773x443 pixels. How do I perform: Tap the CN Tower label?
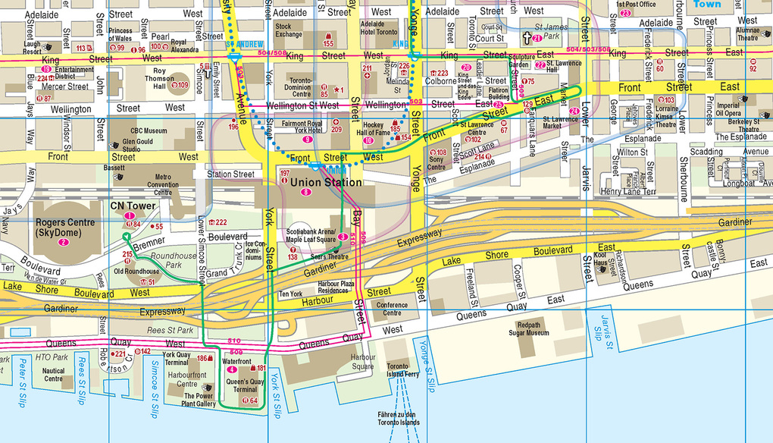[127, 205]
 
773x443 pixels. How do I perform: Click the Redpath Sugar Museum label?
[527, 329]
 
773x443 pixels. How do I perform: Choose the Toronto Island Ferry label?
[402, 369]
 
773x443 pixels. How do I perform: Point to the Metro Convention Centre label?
[163, 184]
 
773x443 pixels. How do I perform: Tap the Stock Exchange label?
[288, 30]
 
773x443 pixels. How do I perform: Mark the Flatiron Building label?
[499, 94]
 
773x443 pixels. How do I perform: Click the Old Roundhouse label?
[136, 271]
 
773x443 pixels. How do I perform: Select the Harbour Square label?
[362, 360]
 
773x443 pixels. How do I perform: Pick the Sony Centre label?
[437, 163]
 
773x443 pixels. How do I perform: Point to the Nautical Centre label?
[54, 375]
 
